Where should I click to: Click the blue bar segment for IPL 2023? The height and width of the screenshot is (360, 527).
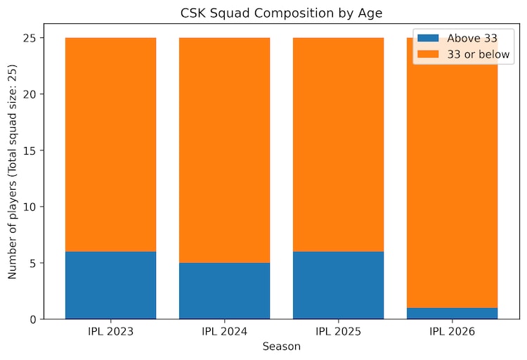[110, 285]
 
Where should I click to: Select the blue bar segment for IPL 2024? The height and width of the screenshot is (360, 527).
[224, 290]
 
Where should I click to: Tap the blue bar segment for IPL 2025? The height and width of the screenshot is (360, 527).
[338, 285]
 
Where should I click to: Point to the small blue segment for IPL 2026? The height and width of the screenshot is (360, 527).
[452, 314]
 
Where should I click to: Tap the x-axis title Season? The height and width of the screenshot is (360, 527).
[281, 347]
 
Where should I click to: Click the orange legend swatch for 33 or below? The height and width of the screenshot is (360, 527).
[427, 54]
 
